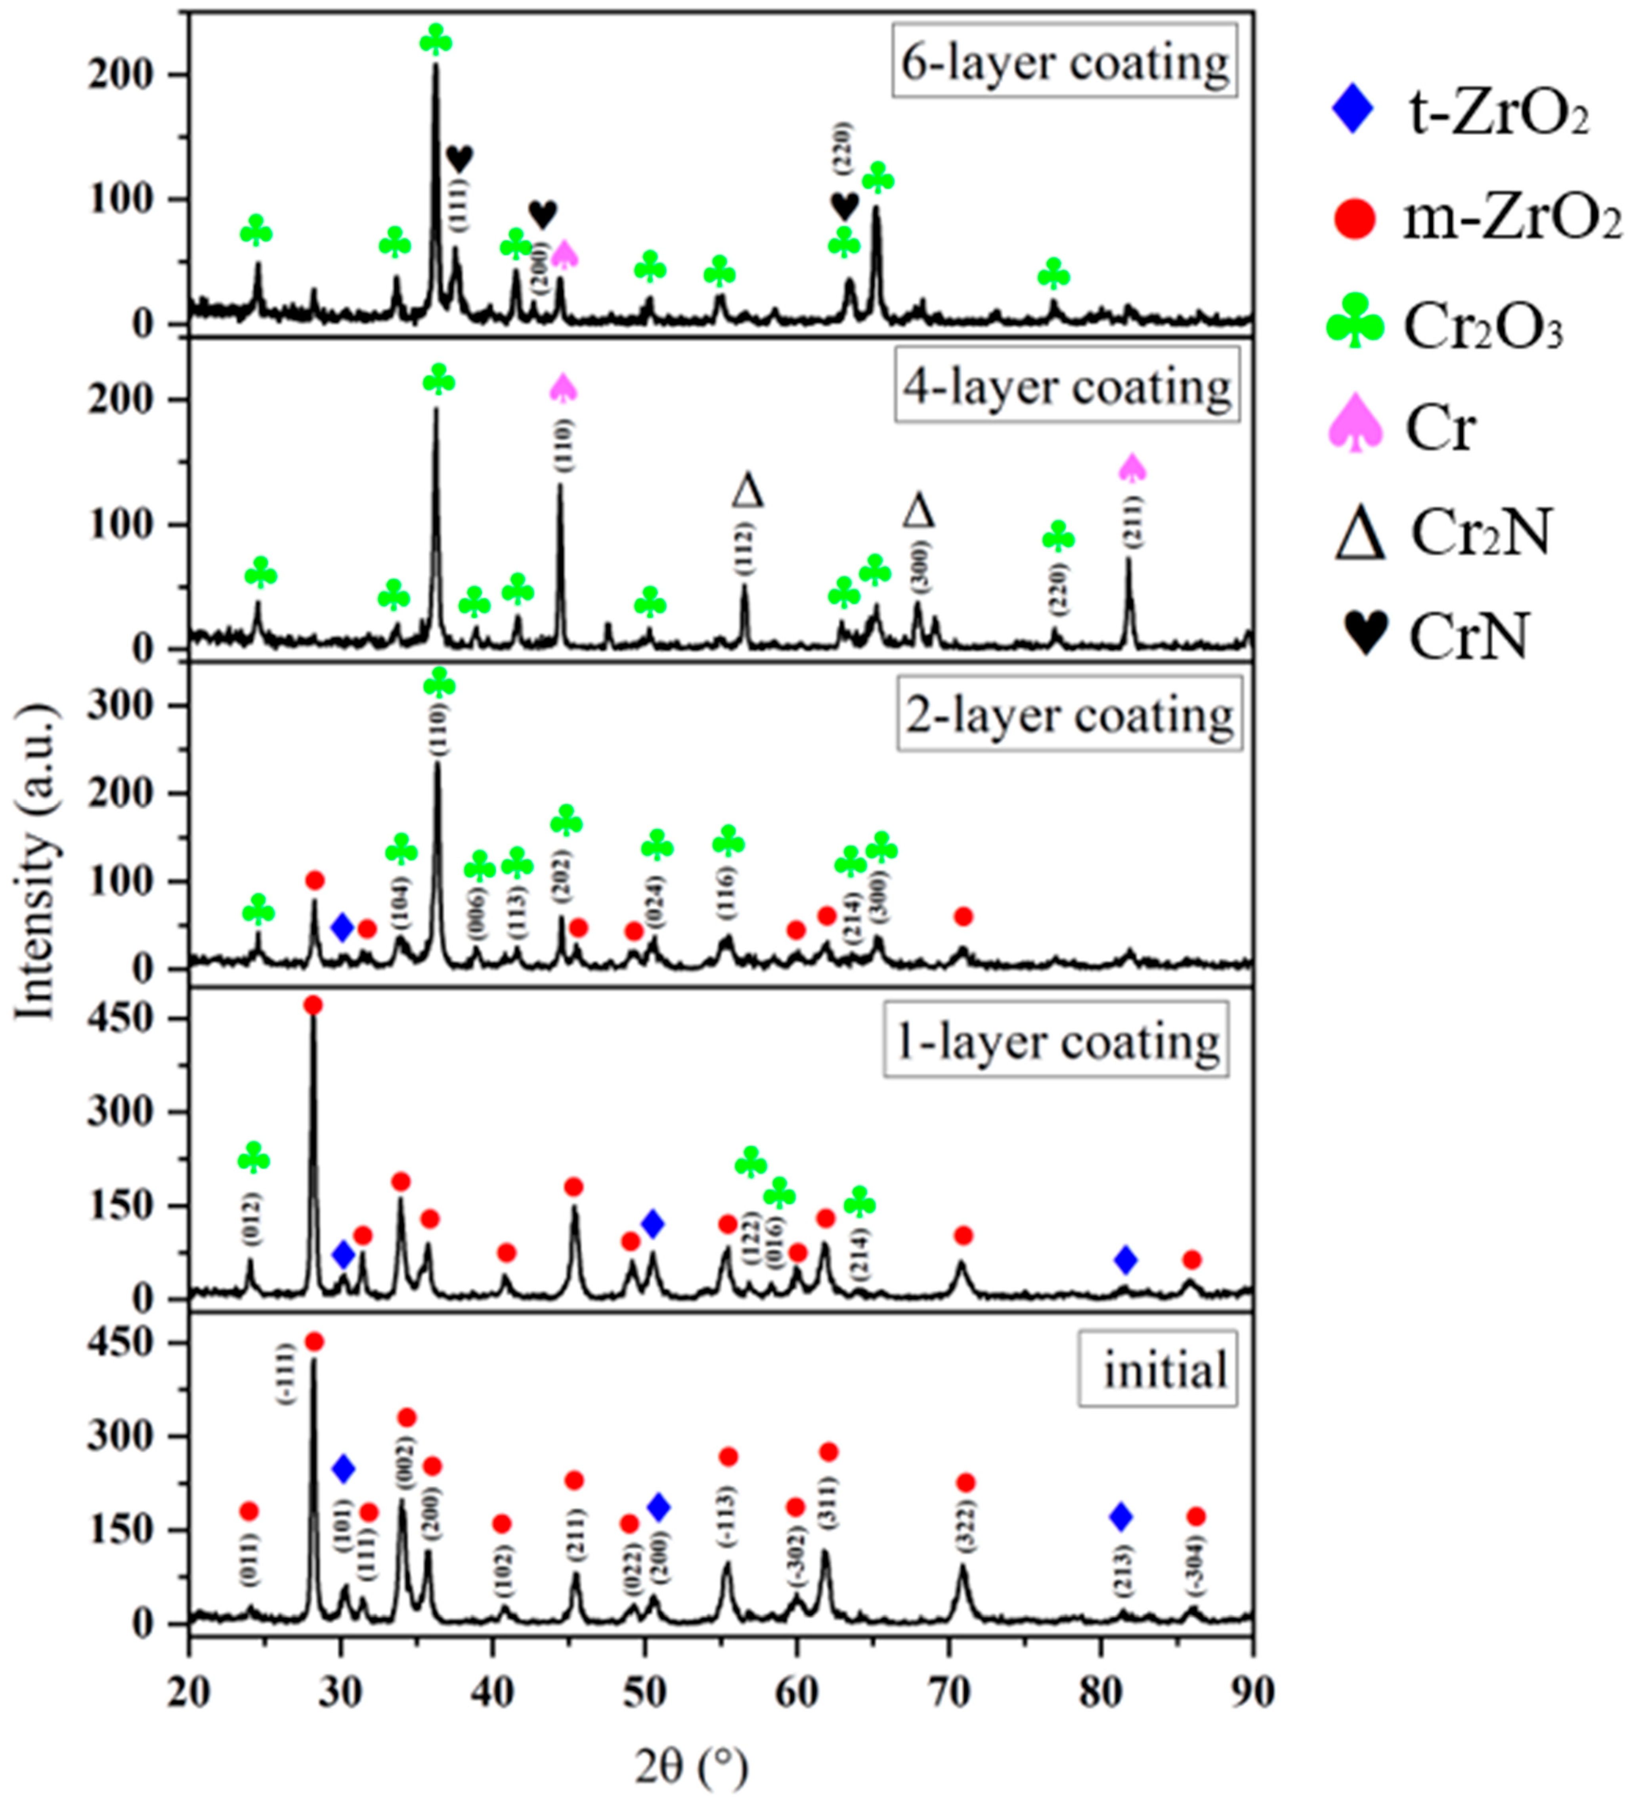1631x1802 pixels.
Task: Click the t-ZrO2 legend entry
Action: [1457, 115]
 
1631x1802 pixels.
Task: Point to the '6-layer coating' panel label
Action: [1064, 63]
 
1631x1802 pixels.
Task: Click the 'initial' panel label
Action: [1164, 1370]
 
